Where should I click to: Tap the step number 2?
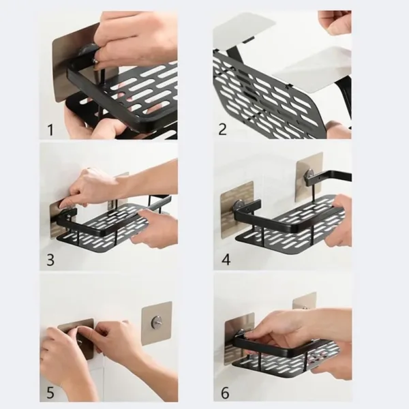tap(223, 128)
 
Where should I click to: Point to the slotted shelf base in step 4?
tap(286, 218)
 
